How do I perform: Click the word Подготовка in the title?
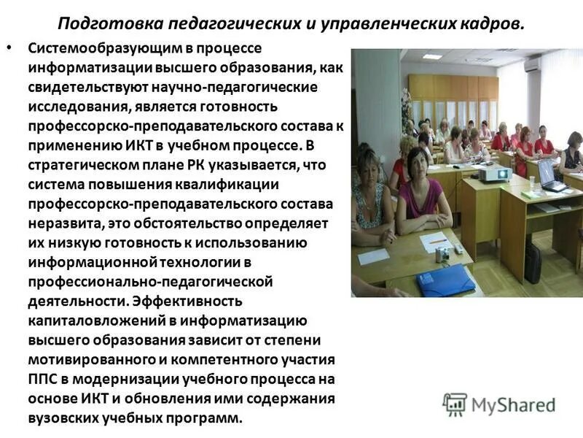coord(104,22)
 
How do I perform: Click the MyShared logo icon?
coord(455,404)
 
